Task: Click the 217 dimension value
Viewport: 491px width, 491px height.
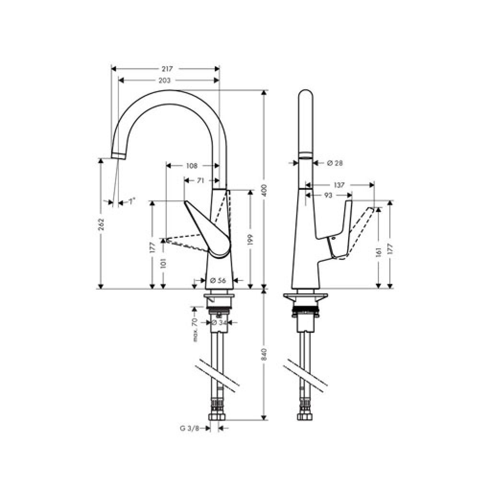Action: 166,69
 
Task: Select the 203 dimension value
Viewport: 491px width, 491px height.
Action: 164,81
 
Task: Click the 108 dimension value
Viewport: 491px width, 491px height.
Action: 191,166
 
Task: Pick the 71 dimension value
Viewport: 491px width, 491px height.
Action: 201,181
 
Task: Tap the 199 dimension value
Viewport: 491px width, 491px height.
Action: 250,240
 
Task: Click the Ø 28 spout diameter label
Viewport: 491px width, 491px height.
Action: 335,163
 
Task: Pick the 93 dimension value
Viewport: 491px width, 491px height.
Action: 328,195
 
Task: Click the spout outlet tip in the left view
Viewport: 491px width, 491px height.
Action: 118,155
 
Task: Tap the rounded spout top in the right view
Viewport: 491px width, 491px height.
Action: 305,96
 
